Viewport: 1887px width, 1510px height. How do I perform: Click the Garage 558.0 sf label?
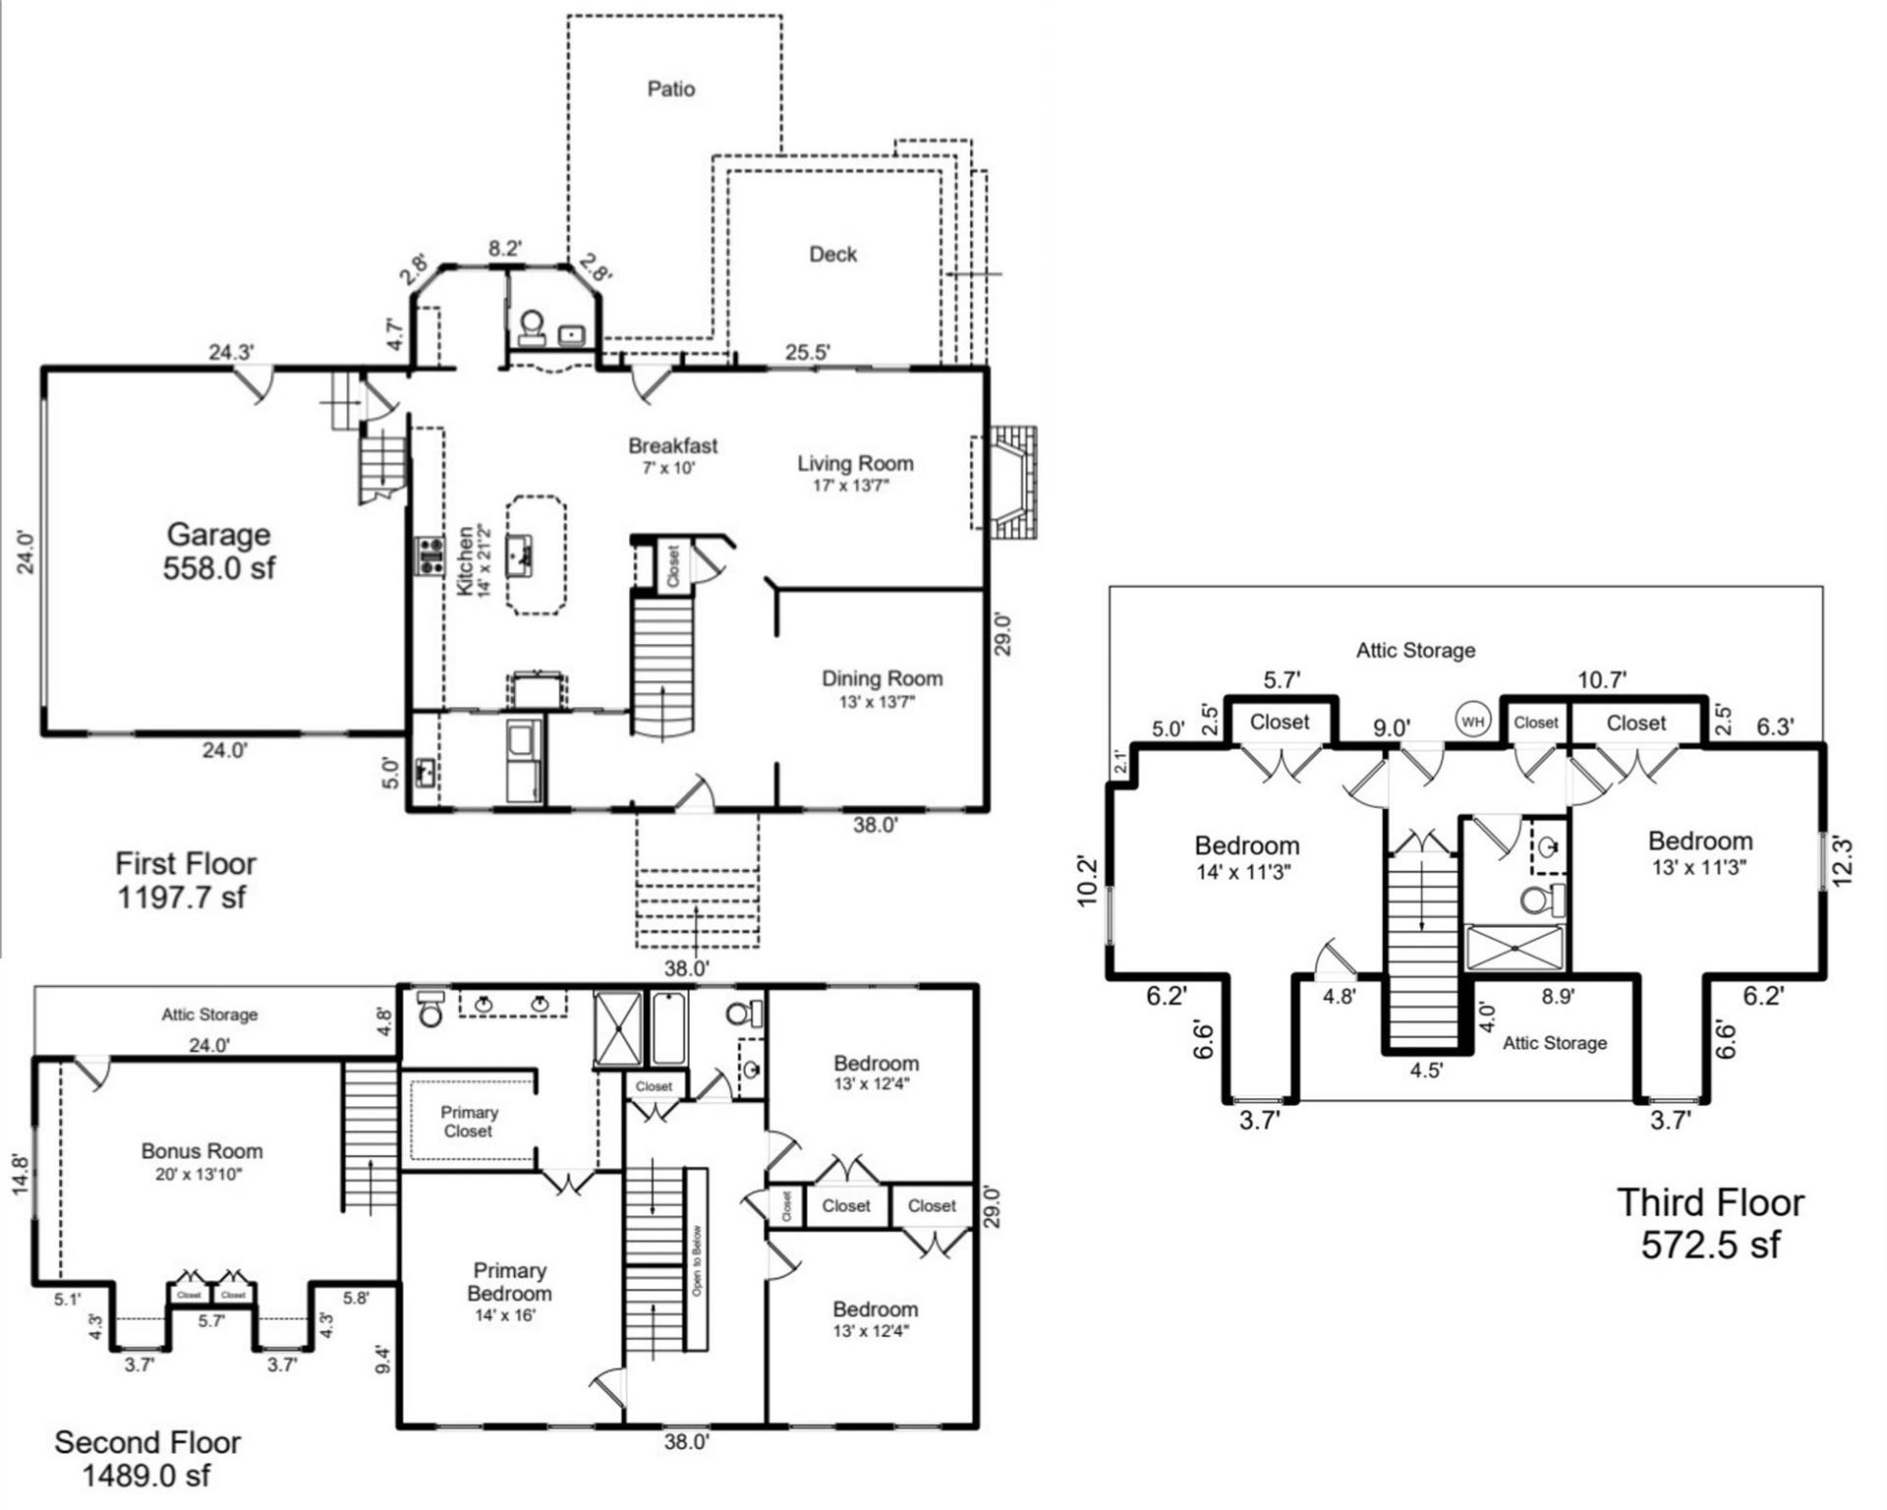(218, 551)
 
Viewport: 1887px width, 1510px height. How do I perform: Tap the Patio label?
(671, 89)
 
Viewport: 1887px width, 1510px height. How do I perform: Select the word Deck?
(832, 255)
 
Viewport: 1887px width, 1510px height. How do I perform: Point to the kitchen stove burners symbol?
(429, 555)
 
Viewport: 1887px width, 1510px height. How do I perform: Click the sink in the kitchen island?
(519, 555)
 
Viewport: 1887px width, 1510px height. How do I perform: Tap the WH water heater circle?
(1472, 722)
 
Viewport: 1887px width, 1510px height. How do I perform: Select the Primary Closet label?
(469, 1122)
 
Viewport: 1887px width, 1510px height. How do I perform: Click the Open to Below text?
(697, 1260)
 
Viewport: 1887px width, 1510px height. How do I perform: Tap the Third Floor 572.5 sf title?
(1710, 1223)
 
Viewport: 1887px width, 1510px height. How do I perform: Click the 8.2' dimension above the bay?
(505, 249)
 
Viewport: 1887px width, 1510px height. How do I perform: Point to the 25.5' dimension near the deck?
(808, 352)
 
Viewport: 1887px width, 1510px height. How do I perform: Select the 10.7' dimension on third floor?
(1602, 679)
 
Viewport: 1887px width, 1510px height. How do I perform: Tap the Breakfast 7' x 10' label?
(672, 455)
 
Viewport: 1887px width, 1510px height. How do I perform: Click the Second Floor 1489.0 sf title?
(147, 1458)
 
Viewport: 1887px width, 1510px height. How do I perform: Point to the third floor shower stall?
(1514, 948)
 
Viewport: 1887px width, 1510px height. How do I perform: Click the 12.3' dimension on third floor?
(1843, 860)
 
